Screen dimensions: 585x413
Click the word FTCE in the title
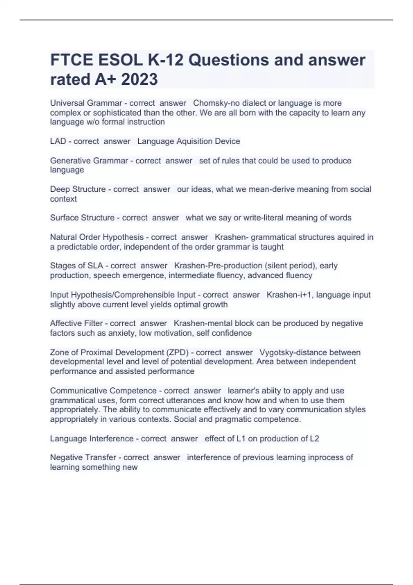click(x=72, y=60)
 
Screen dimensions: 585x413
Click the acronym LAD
click(x=58, y=141)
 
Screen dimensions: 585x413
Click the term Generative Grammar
click(x=89, y=161)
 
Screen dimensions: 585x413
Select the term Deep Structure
click(x=78, y=189)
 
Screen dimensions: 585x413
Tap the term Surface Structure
click(x=82, y=218)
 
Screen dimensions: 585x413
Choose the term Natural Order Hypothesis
click(x=97, y=237)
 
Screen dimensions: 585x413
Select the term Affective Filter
click(x=76, y=323)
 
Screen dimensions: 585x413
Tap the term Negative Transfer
click(x=83, y=457)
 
